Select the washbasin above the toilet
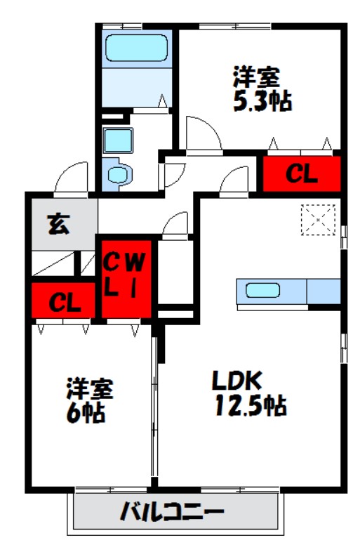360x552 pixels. tap(113, 140)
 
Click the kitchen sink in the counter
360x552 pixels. tap(263, 290)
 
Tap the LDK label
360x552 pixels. tap(237, 380)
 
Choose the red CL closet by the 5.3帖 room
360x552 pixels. tap(301, 173)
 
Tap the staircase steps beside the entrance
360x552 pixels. tap(63, 263)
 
